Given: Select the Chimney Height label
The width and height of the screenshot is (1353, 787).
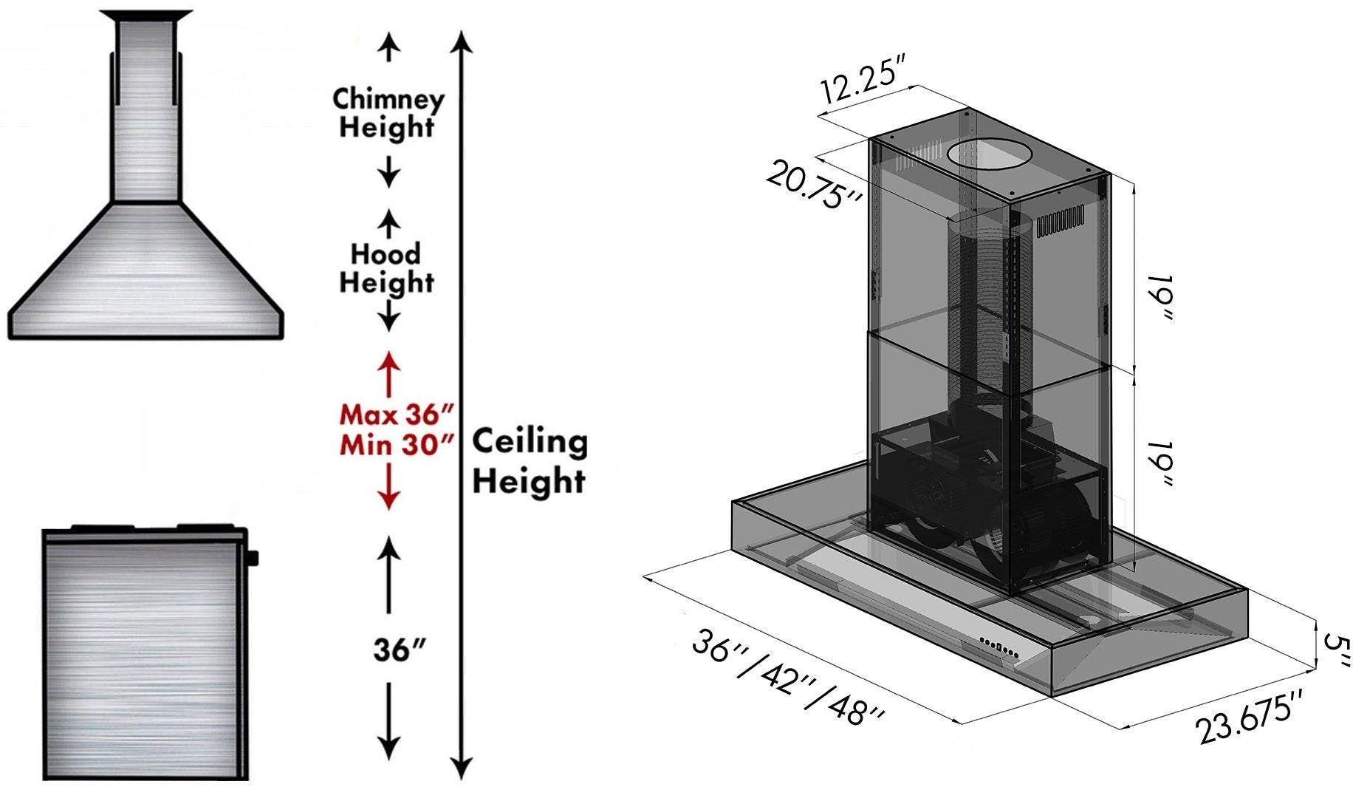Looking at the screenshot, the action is [x=388, y=112].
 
